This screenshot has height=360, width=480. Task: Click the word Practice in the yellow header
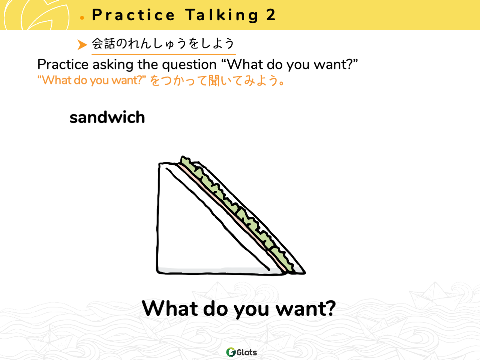coord(133,15)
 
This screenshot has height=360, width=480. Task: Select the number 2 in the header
coord(271,15)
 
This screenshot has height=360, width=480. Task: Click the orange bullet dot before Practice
coord(82,18)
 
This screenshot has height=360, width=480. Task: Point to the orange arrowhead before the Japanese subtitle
coord(82,45)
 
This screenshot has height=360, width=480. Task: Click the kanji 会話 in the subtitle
coord(103,43)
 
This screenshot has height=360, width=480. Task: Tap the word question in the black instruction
coord(189,65)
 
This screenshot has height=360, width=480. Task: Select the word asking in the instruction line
coord(113,65)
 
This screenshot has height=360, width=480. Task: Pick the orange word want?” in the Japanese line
coord(129,80)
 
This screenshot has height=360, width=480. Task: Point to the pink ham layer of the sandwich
coord(232,219)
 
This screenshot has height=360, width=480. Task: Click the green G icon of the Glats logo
coord(231,352)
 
